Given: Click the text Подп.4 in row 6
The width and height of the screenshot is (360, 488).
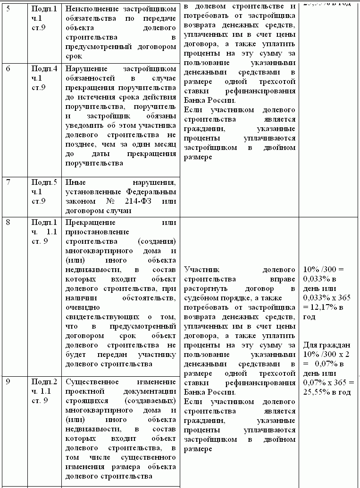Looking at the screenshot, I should pos(44,68).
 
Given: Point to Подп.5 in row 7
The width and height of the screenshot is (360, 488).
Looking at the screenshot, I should pos(44,182).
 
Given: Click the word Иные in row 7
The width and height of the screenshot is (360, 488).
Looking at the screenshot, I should pos(74,182).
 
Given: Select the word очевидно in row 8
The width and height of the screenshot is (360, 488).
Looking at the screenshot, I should pos(81,306).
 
